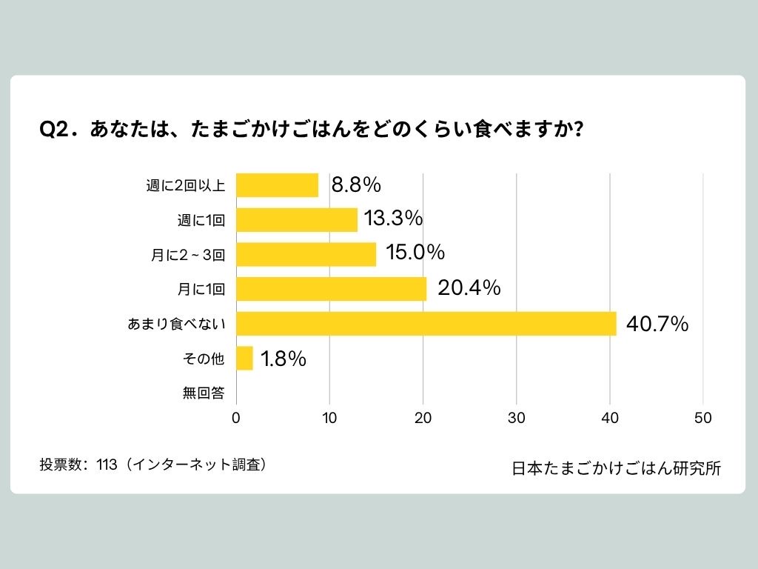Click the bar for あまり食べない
click(426, 324)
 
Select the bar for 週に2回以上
click(277, 185)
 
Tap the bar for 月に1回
click(331, 289)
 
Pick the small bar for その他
click(244, 359)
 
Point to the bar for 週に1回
click(297, 220)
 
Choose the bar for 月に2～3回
click(306, 254)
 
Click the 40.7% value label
click(657, 324)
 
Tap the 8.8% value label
click(355, 185)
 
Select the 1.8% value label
click(283, 359)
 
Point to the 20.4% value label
click(469, 288)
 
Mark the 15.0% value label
click(415, 253)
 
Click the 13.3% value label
click(392, 219)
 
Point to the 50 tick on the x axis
click(703, 418)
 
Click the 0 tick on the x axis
click(236, 418)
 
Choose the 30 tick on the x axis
click(517, 418)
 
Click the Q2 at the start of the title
click(54, 129)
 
